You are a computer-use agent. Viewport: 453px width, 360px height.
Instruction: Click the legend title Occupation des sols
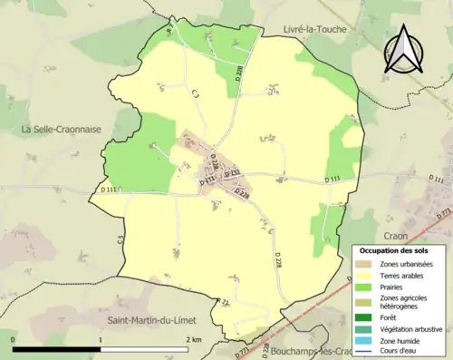tap(395, 249)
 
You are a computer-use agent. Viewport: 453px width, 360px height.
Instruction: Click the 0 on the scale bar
tap(14, 339)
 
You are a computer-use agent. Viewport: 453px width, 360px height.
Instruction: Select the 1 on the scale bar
tap(101, 339)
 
